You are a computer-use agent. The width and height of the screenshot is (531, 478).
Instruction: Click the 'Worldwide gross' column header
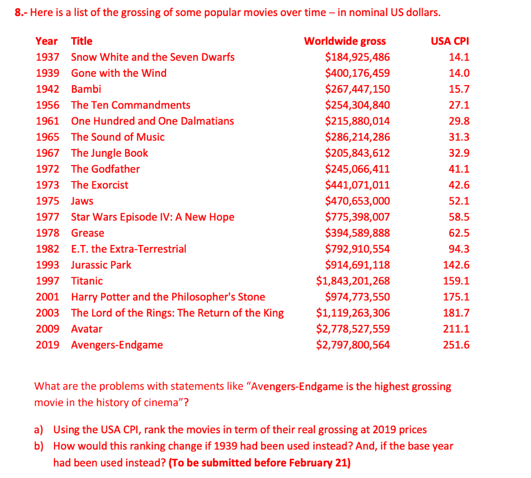pos(345,41)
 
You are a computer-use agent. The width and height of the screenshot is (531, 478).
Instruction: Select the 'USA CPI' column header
pos(450,41)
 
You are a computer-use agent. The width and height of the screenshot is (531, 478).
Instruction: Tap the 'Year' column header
pos(47,41)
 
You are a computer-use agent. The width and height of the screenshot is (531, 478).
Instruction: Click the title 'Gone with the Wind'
pos(119,73)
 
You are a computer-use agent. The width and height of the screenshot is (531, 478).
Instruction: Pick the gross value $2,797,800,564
pos(353,345)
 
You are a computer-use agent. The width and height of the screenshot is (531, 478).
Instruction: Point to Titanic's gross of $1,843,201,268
pos(353,281)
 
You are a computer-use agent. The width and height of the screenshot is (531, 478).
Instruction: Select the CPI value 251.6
pos(456,345)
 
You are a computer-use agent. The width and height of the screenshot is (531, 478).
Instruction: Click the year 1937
pos(47,57)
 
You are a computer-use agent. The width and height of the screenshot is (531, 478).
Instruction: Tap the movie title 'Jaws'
pos(82,201)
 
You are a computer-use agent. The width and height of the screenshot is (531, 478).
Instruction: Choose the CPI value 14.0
pos(459,73)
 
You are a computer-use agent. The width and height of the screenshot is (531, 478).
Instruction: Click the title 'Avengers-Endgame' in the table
pos(117,345)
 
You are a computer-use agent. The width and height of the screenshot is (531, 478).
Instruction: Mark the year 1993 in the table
pos(47,265)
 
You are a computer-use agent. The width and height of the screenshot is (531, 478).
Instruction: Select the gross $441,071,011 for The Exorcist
pos(357,185)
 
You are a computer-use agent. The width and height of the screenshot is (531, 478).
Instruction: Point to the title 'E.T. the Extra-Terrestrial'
pos(129,249)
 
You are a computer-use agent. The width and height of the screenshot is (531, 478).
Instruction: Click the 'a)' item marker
pos(38,430)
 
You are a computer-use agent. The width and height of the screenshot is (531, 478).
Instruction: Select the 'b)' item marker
pos(38,446)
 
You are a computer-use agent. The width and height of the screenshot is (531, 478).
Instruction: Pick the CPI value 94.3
pos(459,249)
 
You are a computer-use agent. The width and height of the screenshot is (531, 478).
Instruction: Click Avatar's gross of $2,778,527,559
pos(353,329)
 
